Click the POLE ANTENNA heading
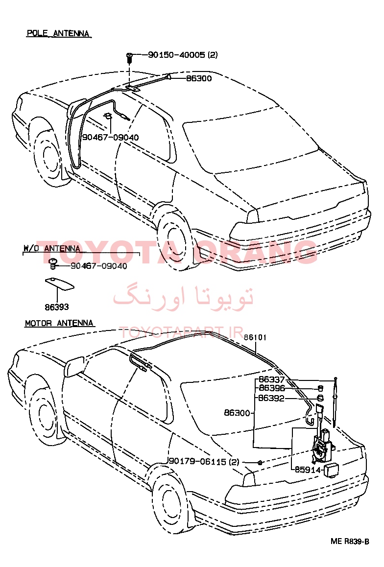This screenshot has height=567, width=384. pos(58,33)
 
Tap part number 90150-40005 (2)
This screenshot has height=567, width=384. pos(183,55)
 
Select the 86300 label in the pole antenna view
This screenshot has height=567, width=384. pos(199,78)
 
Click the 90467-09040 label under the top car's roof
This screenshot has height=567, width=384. pos(110,138)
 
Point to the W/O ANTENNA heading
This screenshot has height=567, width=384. pos(52,248)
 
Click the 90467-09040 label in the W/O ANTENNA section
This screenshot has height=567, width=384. pos(99,266)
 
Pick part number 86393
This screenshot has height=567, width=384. pos(57,307)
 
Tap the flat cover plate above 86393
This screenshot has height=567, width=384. pos(59,283)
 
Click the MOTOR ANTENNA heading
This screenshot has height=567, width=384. pos(59,323)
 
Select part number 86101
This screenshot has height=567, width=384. pos(255,337)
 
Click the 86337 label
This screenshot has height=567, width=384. pos(271,379)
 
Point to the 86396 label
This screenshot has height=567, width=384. pos(272,388)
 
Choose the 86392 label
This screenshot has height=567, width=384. pos(271,399)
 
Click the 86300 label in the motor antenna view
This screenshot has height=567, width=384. pos(237,413)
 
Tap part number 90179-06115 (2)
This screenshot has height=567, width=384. pos(204,462)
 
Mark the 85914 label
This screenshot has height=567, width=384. pos(308,470)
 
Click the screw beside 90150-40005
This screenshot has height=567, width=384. pos(129,57)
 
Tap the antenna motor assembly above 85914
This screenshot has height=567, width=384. pos(323,446)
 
